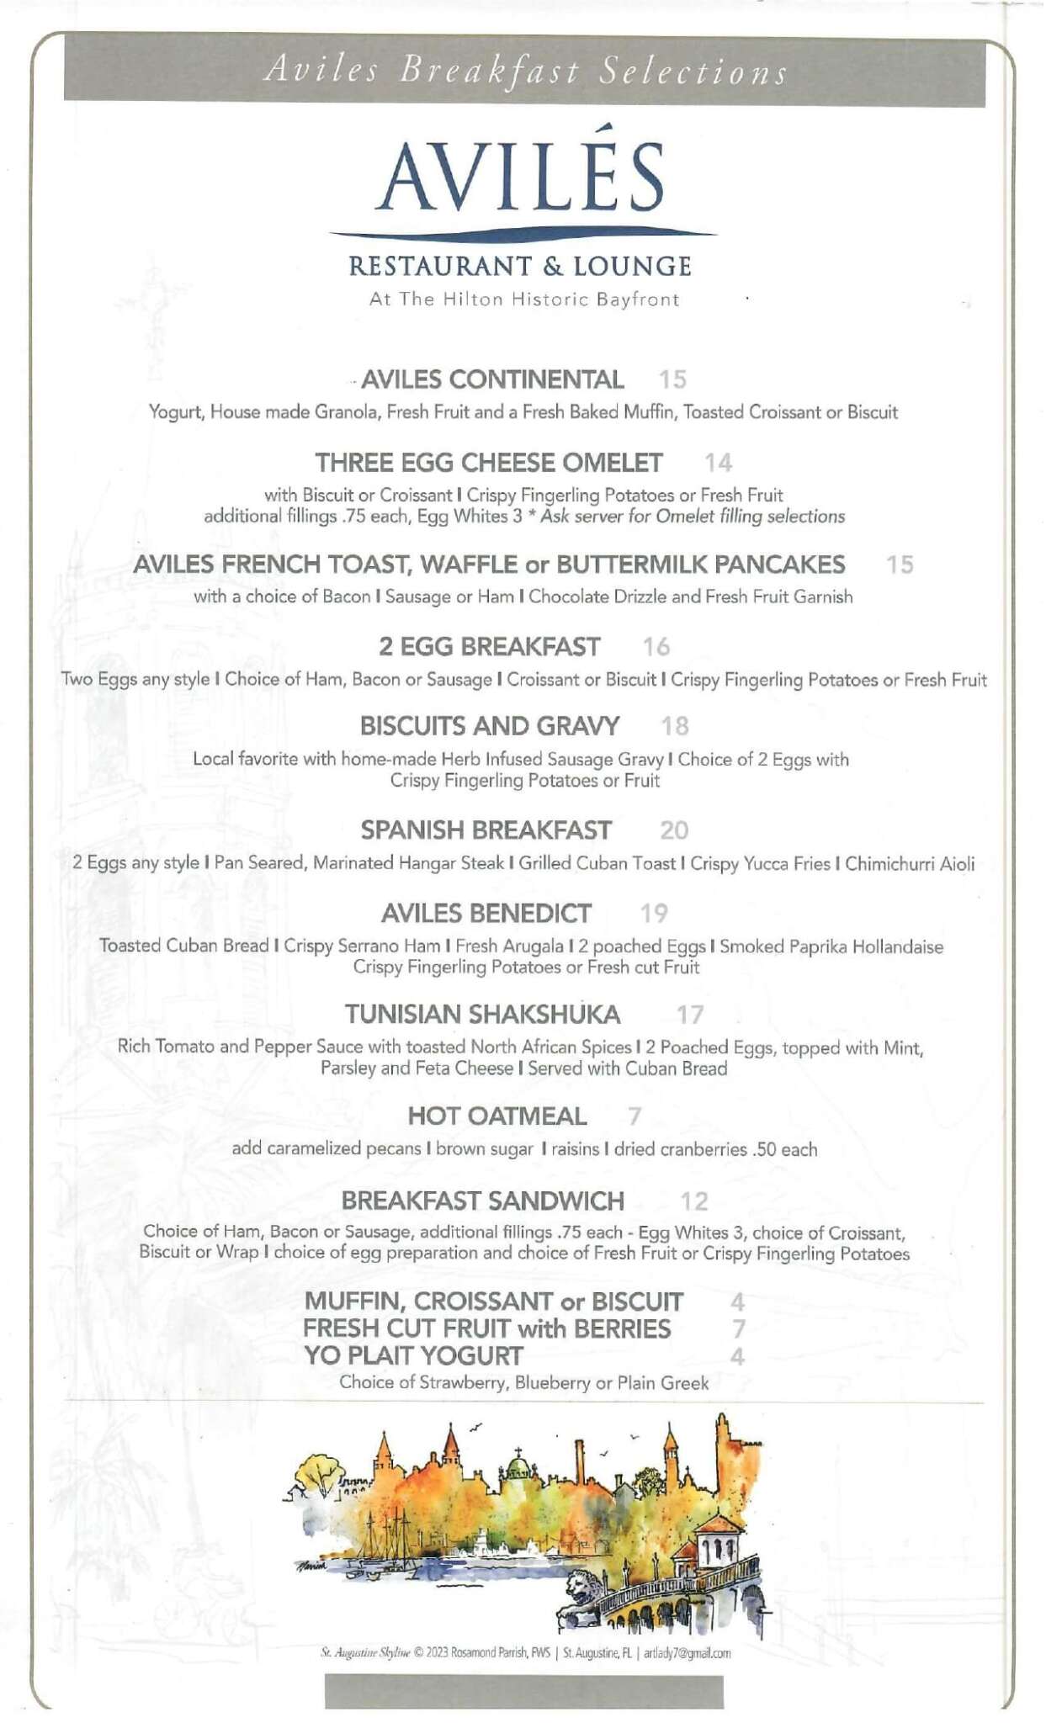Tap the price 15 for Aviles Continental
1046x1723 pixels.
[672, 379]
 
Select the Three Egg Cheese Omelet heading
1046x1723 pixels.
[489, 463]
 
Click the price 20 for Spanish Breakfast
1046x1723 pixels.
[674, 830]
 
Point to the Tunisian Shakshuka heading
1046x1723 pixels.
[482, 1015]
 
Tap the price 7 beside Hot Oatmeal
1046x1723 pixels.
[635, 1116]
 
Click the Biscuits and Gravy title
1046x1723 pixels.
[490, 726]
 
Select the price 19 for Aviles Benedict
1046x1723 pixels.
[654, 913]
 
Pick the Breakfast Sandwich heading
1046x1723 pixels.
[483, 1201]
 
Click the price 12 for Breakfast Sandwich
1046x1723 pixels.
[694, 1201]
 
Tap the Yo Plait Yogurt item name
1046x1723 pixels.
[413, 1356]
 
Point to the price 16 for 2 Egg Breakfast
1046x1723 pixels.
[656, 647]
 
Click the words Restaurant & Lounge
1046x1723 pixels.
[520, 267]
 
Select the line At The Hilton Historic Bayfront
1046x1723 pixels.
[523, 300]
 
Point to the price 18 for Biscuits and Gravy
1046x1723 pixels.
[675, 726]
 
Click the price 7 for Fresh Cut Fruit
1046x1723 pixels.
[738, 1329]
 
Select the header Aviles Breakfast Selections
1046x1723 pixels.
[525, 71]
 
